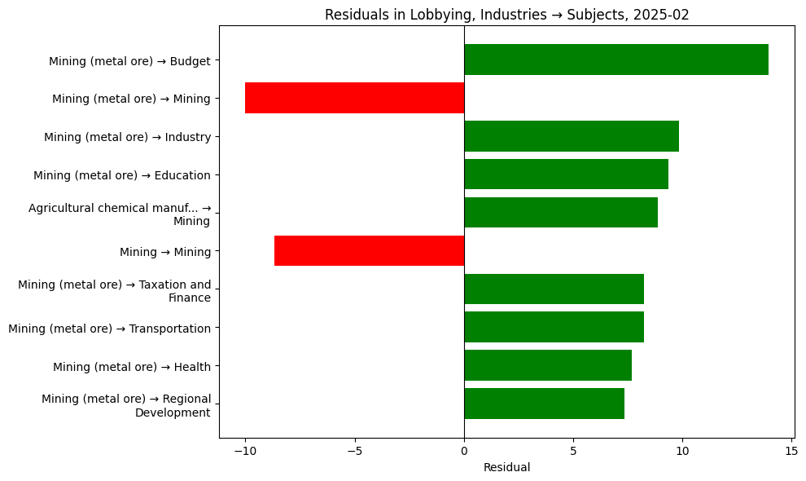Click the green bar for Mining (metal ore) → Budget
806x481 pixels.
coord(615,60)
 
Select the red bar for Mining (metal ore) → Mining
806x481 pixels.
coord(354,98)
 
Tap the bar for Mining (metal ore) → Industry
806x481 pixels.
coord(571,136)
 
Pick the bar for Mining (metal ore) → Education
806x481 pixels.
coord(566,174)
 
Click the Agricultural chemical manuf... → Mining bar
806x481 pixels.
coord(560,213)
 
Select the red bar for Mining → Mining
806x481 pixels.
coord(369,251)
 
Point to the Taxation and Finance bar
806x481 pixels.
coord(554,289)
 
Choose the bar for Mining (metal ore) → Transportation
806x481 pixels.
coord(554,327)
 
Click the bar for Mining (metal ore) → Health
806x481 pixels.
coord(547,365)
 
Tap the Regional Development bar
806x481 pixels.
coord(544,404)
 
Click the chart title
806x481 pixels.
coord(506,15)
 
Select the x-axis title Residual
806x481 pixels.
coord(506,467)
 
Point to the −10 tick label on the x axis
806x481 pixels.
coord(244,451)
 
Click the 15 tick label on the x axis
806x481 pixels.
coord(791,451)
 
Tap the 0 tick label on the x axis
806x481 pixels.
coord(464,451)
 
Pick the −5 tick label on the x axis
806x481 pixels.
coord(354,451)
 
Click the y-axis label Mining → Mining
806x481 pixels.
coord(164,252)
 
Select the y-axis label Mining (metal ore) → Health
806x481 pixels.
coord(131,367)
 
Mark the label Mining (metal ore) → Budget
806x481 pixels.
coord(129,61)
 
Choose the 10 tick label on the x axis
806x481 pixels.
coord(682,451)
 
